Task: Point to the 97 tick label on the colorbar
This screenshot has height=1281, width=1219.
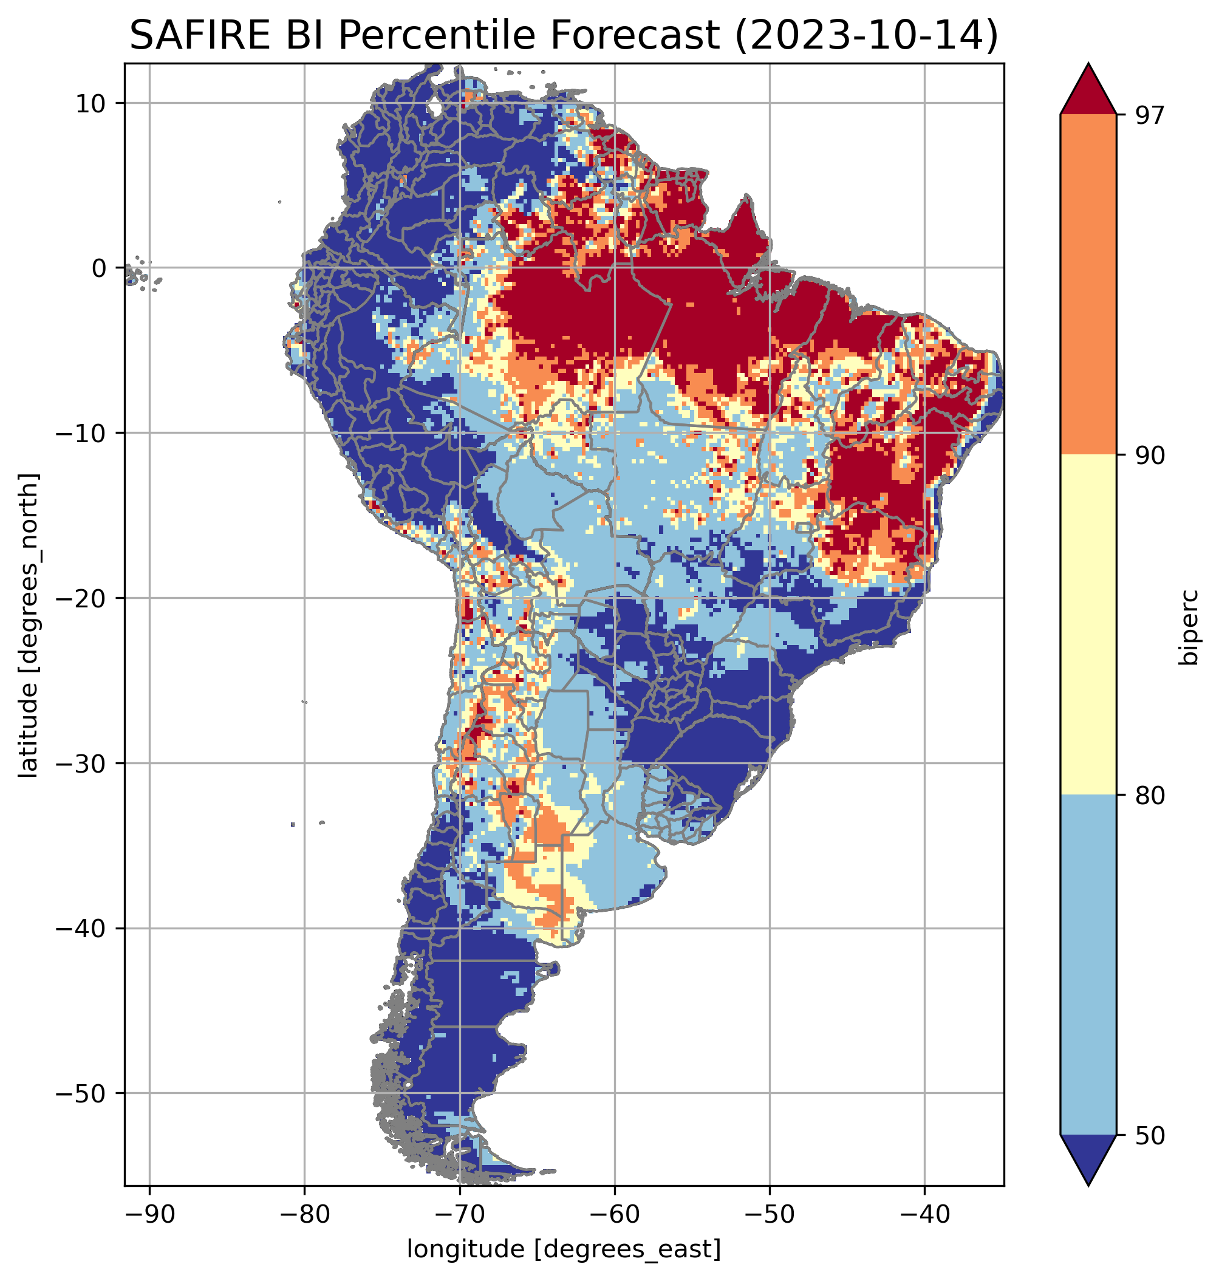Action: point(1150,115)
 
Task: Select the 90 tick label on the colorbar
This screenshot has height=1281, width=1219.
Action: point(1150,455)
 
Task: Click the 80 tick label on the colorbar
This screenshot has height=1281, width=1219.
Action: point(1150,795)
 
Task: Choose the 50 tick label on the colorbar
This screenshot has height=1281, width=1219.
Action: point(1150,1135)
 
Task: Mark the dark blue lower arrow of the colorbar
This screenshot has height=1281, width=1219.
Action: point(1088,1158)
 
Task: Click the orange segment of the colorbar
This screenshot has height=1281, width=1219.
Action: point(1088,285)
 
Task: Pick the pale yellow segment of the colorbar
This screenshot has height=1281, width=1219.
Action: point(1088,624)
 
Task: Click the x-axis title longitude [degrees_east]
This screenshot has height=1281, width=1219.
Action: point(564,1248)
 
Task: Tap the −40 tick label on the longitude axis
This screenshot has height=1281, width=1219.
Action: point(924,1214)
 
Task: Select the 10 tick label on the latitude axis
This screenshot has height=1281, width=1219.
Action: point(90,103)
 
